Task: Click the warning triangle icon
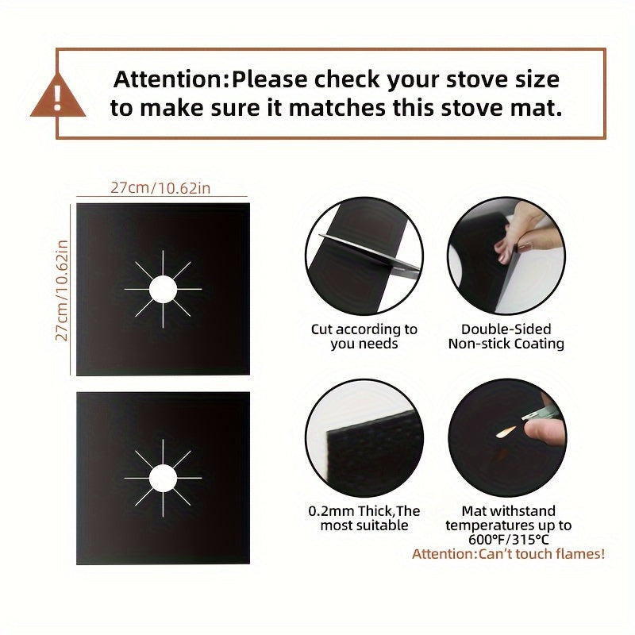58,96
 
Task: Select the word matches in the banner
337,108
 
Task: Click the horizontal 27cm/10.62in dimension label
160,188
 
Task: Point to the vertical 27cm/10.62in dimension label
62,291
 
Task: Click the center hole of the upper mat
163,289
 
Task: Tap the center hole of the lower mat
163,478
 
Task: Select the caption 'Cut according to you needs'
364,336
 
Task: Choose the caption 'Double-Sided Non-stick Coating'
506,336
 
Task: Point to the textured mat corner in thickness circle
372,449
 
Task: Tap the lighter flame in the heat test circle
506,432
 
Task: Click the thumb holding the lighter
544,432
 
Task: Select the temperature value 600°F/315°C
509,540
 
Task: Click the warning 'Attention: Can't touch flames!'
508,553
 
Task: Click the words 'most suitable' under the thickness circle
364,525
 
